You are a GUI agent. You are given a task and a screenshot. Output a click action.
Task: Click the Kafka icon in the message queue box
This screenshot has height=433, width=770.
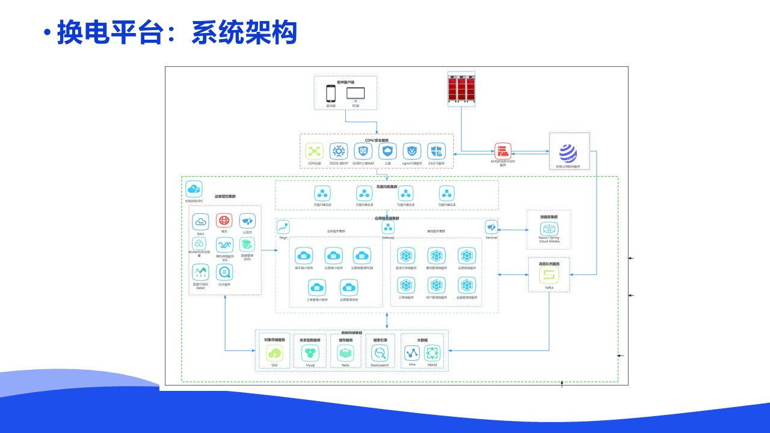click(x=549, y=275)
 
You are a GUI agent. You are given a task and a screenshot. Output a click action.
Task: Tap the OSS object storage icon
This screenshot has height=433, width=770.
click(x=275, y=354)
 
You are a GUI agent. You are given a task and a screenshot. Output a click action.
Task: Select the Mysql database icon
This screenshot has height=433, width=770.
click(x=310, y=354)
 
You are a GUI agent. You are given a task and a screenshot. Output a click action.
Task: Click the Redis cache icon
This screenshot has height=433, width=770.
click(x=345, y=354)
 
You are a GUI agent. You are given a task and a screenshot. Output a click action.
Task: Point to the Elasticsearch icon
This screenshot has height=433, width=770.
click(x=380, y=354)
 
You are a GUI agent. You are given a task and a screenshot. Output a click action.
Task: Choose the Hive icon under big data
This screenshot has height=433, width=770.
click(x=412, y=354)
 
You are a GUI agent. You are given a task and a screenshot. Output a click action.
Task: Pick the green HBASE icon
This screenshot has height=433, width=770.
click(x=433, y=354)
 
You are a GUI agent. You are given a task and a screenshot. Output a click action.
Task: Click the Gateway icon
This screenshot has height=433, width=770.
click(x=389, y=227)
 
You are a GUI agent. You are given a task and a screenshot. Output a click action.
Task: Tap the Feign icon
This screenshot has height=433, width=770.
click(x=283, y=227)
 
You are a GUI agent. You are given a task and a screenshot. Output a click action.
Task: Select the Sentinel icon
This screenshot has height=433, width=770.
click(x=492, y=227)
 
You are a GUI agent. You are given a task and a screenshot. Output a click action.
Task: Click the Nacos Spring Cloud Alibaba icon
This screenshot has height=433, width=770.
click(x=549, y=229)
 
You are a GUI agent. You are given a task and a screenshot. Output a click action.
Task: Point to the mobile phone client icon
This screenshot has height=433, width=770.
click(x=331, y=94)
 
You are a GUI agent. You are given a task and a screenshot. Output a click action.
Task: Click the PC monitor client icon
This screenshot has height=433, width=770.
click(x=356, y=94)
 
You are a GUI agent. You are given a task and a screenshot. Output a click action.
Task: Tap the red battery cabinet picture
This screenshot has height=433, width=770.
click(x=462, y=89)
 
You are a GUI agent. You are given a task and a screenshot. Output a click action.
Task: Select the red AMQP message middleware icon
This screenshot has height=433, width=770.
click(x=503, y=151)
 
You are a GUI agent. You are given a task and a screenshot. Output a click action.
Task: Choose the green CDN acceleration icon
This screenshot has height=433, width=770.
click(x=315, y=152)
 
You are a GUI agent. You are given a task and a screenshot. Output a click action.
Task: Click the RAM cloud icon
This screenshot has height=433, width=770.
click(x=200, y=222)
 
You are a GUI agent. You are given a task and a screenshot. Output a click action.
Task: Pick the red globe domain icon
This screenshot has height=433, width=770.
click(x=224, y=221)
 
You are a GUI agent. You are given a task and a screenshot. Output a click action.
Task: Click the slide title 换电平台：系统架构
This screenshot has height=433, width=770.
click(x=177, y=32)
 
